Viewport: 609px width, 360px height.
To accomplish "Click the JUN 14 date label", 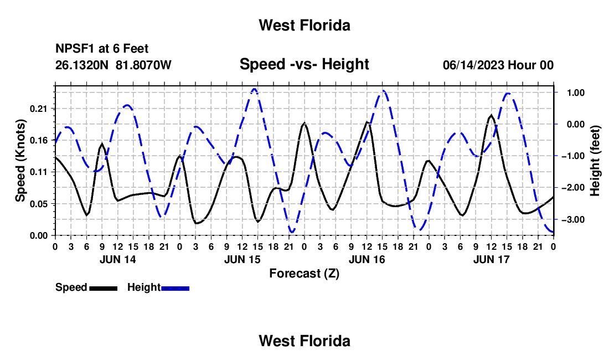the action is pyautogui.click(x=118, y=259).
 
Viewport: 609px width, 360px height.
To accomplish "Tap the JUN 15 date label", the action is pyautogui.click(x=242, y=259).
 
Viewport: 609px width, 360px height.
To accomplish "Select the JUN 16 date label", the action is pyautogui.click(x=367, y=259).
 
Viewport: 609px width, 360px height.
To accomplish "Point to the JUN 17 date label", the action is pyautogui.click(x=491, y=259).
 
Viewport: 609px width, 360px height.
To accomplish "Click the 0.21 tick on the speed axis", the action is pyautogui.click(x=38, y=109).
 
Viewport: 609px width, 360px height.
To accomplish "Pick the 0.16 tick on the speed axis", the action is pyautogui.click(x=38, y=141).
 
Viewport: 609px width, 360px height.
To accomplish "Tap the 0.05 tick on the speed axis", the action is pyautogui.click(x=38, y=204).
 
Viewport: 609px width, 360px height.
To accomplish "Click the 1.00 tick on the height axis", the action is pyautogui.click(x=576, y=93).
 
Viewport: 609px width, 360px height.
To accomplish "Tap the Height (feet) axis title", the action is pyautogui.click(x=595, y=161).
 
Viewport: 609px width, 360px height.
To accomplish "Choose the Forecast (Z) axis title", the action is pyautogui.click(x=304, y=274).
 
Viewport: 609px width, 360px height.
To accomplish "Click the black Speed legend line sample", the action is pyautogui.click(x=104, y=289).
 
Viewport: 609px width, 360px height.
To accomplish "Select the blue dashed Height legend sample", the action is pyautogui.click(x=175, y=289).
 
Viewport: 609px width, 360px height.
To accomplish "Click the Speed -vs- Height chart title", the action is pyautogui.click(x=304, y=64).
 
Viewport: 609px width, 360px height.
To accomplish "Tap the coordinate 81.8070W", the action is pyautogui.click(x=143, y=65).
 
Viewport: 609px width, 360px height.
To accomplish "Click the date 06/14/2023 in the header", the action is pyautogui.click(x=474, y=65).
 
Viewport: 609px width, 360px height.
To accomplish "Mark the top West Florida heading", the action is pyautogui.click(x=304, y=25).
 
